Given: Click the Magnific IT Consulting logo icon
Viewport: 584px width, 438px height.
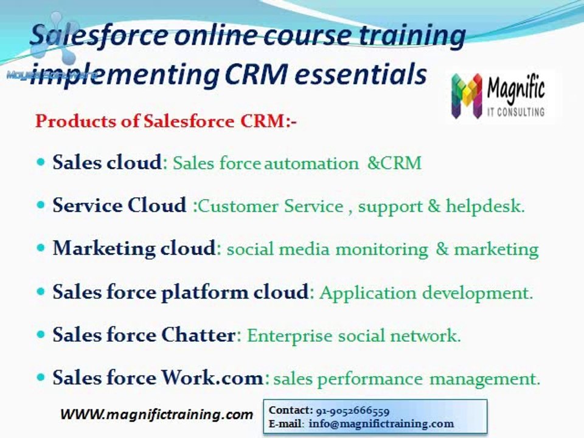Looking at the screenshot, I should [467, 96].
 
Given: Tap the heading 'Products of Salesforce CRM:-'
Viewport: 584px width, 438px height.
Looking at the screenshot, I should [165, 120].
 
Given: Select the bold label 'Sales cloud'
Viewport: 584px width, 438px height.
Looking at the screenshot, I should [107, 162].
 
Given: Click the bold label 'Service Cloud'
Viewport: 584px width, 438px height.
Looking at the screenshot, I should [119, 206].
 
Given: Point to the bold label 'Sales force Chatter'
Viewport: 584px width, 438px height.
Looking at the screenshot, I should [144, 335].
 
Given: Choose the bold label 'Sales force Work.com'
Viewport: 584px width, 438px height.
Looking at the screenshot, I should [158, 378].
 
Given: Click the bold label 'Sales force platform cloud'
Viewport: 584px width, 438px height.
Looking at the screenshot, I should [180, 292].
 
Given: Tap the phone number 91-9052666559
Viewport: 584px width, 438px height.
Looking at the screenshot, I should [353, 411].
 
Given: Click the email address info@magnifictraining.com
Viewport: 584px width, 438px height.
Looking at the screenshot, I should [381, 423].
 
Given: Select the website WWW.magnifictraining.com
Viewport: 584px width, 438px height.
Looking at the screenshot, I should [156, 415].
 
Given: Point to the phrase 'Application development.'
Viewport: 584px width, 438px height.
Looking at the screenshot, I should [426, 293].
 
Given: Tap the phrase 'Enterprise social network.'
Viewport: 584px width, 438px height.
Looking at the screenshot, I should [353, 336].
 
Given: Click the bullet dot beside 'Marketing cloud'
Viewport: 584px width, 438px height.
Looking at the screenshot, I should [41, 248].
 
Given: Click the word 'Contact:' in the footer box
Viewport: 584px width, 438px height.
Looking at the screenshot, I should [291, 411].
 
